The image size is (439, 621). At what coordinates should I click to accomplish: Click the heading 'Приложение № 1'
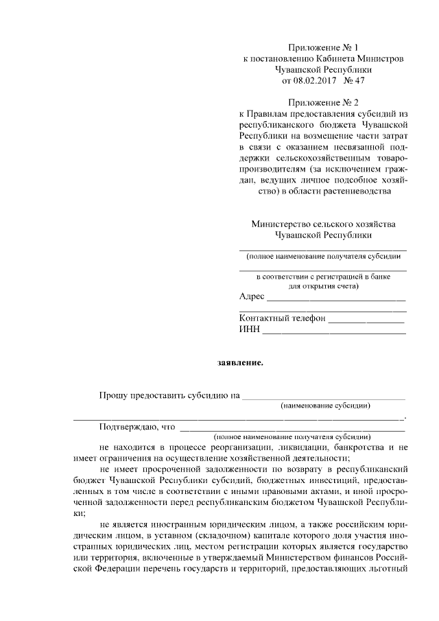324,47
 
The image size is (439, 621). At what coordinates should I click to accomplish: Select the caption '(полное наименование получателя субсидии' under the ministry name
322,255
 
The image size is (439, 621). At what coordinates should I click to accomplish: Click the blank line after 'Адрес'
335,300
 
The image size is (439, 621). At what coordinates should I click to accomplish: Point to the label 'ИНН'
249,329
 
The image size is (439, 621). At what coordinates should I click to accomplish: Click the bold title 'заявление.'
239,362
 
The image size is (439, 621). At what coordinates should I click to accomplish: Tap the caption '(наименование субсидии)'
326,406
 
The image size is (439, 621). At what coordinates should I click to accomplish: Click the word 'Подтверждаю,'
128,426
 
